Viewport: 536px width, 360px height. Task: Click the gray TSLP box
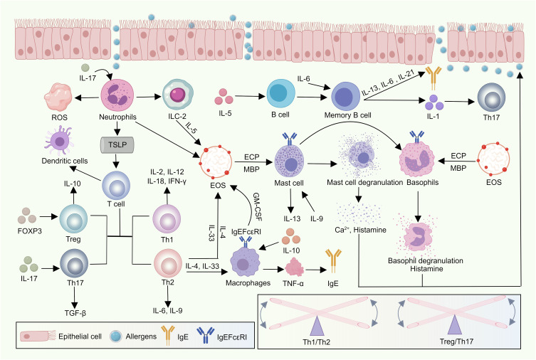[117, 145]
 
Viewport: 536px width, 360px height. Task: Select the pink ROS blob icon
[58, 97]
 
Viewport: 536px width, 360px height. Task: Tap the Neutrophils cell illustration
[117, 95]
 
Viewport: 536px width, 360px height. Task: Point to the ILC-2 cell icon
[178, 95]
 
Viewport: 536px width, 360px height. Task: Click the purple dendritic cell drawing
[59, 140]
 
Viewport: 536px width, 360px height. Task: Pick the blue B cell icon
[280, 94]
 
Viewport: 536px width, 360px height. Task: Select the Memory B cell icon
[346, 96]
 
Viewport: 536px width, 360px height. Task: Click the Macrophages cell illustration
[245, 263]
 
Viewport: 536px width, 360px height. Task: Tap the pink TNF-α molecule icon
[294, 267]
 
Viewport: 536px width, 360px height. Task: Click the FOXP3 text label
[30, 231]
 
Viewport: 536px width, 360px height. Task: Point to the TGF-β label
[75, 312]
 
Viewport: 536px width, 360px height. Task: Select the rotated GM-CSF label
[258, 206]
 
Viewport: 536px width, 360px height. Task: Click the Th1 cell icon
[167, 219]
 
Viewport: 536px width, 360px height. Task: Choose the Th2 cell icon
[167, 263]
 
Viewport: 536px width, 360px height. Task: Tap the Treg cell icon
[73, 218]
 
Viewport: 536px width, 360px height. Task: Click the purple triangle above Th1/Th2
[317, 325]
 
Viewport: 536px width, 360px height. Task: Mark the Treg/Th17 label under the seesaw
[456, 342]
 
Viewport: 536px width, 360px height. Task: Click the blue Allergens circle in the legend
[116, 337]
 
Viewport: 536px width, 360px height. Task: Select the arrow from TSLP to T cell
[117, 160]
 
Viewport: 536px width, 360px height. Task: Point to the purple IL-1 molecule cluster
[433, 102]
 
